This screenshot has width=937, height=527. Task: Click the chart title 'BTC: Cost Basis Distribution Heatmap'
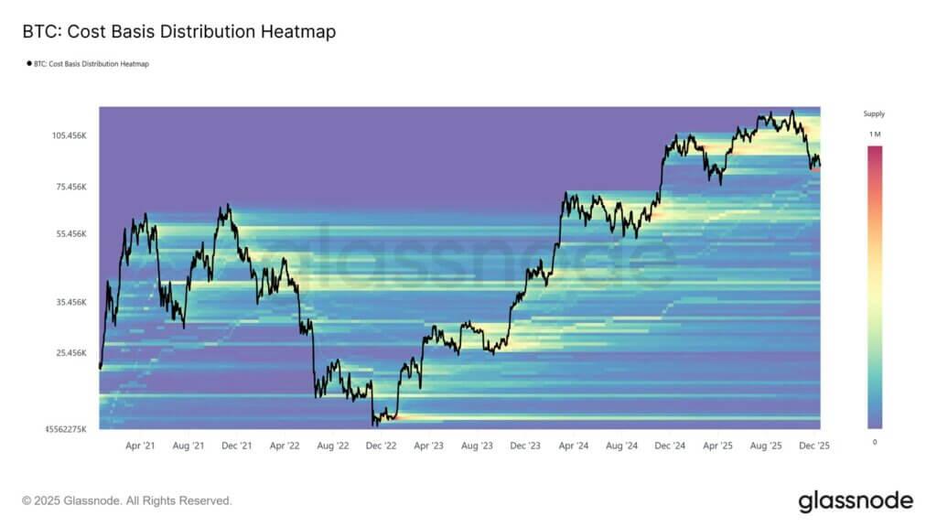pos(178,32)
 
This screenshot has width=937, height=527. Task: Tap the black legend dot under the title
pos(28,64)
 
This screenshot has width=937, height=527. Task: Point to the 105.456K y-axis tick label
pos(69,135)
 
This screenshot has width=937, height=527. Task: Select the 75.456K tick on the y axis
pos(70,187)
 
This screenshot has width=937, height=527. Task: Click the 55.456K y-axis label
pos(70,234)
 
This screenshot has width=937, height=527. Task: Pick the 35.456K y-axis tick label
pos(70,302)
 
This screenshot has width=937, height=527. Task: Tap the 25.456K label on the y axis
pos(70,353)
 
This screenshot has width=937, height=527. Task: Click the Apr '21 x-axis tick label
pos(140,446)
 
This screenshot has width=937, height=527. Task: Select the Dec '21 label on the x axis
pos(237,446)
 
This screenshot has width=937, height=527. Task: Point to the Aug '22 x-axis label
pos(332,446)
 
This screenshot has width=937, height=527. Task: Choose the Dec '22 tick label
pos(381,446)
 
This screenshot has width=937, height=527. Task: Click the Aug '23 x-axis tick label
pos(477,446)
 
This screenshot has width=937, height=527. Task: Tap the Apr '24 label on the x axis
pos(573,446)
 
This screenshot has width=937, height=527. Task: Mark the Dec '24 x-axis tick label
pos(670,446)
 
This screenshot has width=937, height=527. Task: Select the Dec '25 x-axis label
pos(813,446)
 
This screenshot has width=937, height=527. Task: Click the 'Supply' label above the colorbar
pos(874,114)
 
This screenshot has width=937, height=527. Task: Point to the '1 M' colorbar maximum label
pos(874,134)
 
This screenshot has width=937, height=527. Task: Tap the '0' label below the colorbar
pos(874,442)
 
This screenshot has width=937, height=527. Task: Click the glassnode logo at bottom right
pos(855,500)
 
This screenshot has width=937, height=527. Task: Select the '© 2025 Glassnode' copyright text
pos(127,501)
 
